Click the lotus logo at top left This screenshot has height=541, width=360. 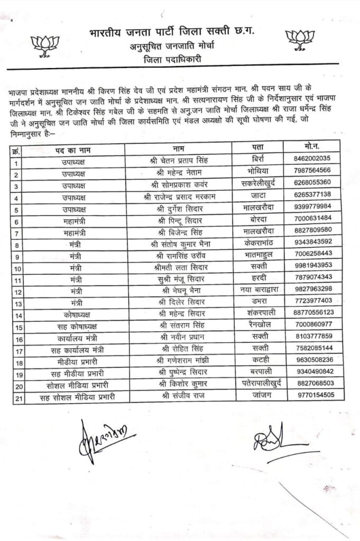click(x=45, y=43)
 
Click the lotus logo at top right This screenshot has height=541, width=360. click(x=300, y=40)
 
